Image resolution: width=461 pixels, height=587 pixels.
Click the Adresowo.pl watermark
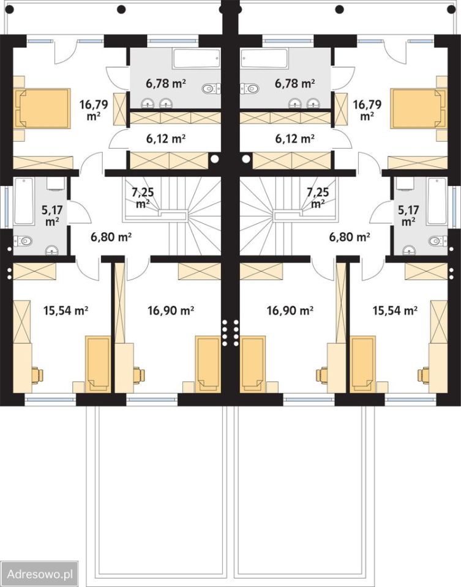pyautogui.click(x=40, y=574)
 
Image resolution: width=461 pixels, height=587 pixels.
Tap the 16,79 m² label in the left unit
pyautogui.click(x=93, y=109)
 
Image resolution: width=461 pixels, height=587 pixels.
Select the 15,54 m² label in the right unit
pyautogui.click(x=395, y=310)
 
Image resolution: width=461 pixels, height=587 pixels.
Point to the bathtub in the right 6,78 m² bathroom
pyautogui.click(x=264, y=58)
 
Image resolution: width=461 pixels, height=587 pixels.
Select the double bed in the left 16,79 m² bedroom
pyautogui.click(x=42, y=109)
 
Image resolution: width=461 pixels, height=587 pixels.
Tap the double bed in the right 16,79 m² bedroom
pyautogui.click(x=419, y=109)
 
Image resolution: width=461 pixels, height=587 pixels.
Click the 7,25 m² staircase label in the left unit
pyautogui.click(x=143, y=198)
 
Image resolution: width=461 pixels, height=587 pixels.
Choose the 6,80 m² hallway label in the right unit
pyautogui.click(x=350, y=237)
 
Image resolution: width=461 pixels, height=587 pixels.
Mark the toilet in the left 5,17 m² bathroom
pyautogui.click(x=23, y=241)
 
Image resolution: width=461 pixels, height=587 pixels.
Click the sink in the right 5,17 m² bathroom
pyautogui.click(x=410, y=250)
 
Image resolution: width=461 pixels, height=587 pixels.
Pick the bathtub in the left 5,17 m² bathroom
pyautogui.click(x=24, y=201)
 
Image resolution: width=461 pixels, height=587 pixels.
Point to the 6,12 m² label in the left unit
pyautogui.click(x=166, y=139)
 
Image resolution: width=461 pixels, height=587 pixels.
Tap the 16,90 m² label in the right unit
pyautogui.click(x=290, y=310)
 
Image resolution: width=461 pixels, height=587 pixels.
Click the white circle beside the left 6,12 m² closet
pyautogui.click(x=214, y=159)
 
